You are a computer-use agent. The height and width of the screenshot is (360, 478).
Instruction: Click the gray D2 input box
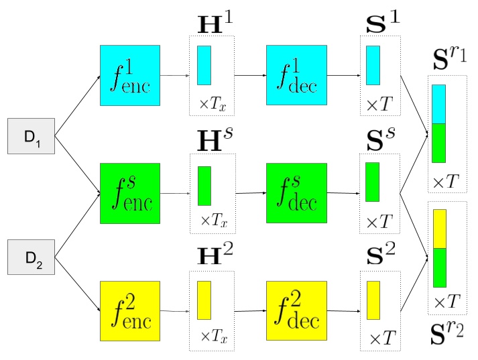click(30, 257)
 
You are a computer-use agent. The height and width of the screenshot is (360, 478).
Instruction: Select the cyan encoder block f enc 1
click(129, 75)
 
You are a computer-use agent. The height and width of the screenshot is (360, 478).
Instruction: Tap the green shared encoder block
click(129, 193)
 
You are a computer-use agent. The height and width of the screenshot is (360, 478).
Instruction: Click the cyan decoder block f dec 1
click(296, 75)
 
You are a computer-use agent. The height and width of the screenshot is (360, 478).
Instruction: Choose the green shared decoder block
click(296, 193)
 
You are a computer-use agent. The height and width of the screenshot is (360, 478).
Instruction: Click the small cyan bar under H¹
click(204, 65)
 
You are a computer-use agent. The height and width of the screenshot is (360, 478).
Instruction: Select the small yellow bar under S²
click(373, 300)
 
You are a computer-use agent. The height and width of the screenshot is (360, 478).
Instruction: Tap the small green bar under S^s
click(372, 181)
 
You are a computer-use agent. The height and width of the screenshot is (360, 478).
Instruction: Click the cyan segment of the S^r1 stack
click(438, 104)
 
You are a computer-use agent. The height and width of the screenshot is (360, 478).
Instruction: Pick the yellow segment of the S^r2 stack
click(439, 229)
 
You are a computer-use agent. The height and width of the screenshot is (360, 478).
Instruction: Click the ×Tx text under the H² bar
click(213, 337)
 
